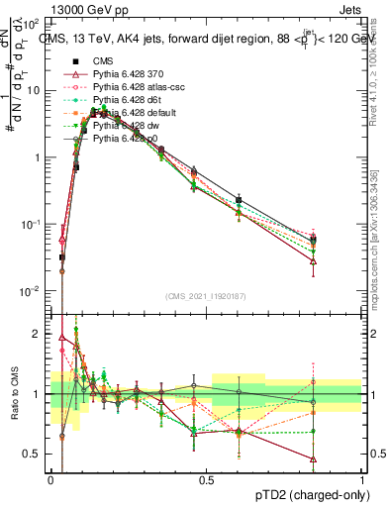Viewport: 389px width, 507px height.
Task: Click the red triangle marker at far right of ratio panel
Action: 313,459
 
